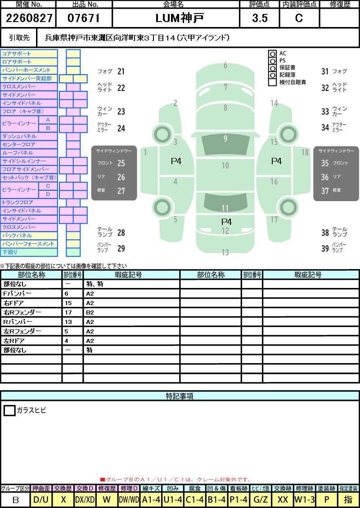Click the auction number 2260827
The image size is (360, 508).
pyautogui.click(x=29, y=18)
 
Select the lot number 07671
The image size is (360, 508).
pyautogui.click(x=84, y=18)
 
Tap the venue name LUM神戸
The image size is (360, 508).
pyautogui.click(x=180, y=18)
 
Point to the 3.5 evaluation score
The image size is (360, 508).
pyautogui.click(x=260, y=18)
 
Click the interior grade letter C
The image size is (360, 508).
pyautogui.click(x=299, y=18)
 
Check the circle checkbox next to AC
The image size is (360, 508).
pyautogui.click(x=273, y=54)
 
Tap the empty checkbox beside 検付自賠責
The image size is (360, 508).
pyautogui.click(x=273, y=82)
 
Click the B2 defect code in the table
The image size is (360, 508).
pyautogui.click(x=90, y=313)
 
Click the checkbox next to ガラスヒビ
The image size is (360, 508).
pyautogui.click(x=9, y=410)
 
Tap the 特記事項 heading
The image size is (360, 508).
pyautogui.click(x=180, y=396)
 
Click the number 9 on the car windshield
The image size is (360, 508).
pyautogui.click(x=225, y=138)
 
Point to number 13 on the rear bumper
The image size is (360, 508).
pyautogui.click(x=225, y=252)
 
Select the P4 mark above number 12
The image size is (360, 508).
pyautogui.click(x=226, y=222)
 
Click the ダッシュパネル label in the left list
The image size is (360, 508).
pyautogui.click(x=19, y=136)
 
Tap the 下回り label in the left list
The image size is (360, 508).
pyautogui.click(x=10, y=252)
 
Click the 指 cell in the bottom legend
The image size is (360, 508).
pyautogui.click(x=348, y=499)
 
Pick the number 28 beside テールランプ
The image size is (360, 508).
pyautogui.click(x=121, y=233)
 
